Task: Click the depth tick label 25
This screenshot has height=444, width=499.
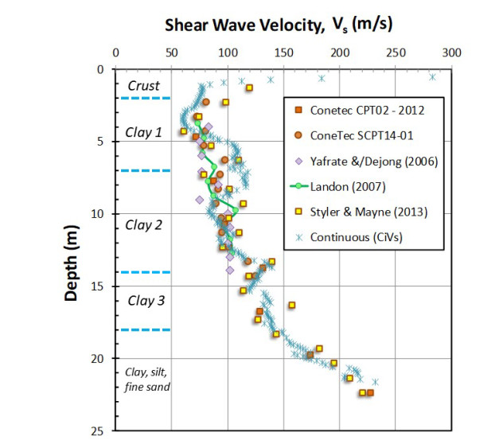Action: click(x=103, y=430)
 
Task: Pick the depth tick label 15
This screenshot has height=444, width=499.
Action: click(x=103, y=286)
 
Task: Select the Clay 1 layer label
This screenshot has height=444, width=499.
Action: click(x=143, y=132)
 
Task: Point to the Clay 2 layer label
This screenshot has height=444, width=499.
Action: click(x=143, y=224)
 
